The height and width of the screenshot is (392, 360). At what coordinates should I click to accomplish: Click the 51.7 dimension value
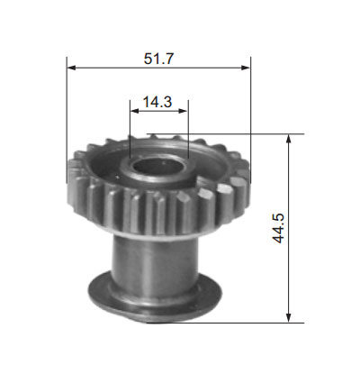(x=158, y=59)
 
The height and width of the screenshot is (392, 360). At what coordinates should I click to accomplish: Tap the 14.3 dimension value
(x=157, y=102)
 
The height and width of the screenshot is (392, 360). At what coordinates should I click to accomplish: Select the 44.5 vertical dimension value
(x=278, y=228)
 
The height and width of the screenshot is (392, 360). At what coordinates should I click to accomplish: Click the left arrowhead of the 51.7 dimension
(x=71, y=68)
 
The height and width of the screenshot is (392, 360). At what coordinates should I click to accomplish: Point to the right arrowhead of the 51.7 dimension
(x=246, y=68)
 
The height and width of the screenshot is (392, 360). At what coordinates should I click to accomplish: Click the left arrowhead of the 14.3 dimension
(x=134, y=111)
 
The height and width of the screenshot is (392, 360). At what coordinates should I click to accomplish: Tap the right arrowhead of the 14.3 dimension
(x=183, y=111)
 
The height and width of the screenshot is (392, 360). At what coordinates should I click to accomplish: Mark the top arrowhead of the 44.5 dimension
(x=289, y=139)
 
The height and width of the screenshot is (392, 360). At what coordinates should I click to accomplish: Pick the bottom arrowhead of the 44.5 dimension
(x=289, y=318)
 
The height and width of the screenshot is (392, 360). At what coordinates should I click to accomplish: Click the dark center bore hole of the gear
(x=158, y=166)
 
